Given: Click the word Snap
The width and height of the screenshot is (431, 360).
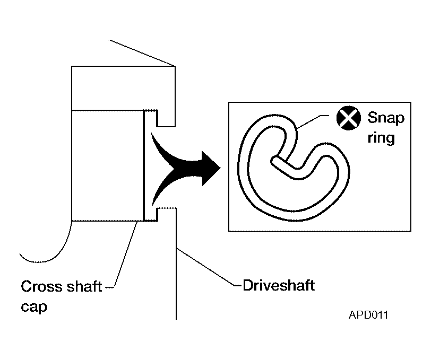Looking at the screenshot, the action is [386, 119].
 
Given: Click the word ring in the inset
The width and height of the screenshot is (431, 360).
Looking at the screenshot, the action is [381, 137].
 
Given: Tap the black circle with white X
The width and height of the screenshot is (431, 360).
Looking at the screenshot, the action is [349, 118].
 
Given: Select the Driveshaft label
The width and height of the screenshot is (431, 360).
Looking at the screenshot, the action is [279, 285].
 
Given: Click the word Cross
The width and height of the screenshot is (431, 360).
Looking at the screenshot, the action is [41, 286].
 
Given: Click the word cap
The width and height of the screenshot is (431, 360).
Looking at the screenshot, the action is [34, 307].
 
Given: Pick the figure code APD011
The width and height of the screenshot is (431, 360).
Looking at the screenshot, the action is [368, 315].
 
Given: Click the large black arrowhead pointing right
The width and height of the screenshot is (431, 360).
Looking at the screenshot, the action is [211, 168].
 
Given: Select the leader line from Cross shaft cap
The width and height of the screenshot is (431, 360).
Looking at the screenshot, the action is [126, 255].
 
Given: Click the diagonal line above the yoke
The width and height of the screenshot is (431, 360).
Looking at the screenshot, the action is [142, 53].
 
